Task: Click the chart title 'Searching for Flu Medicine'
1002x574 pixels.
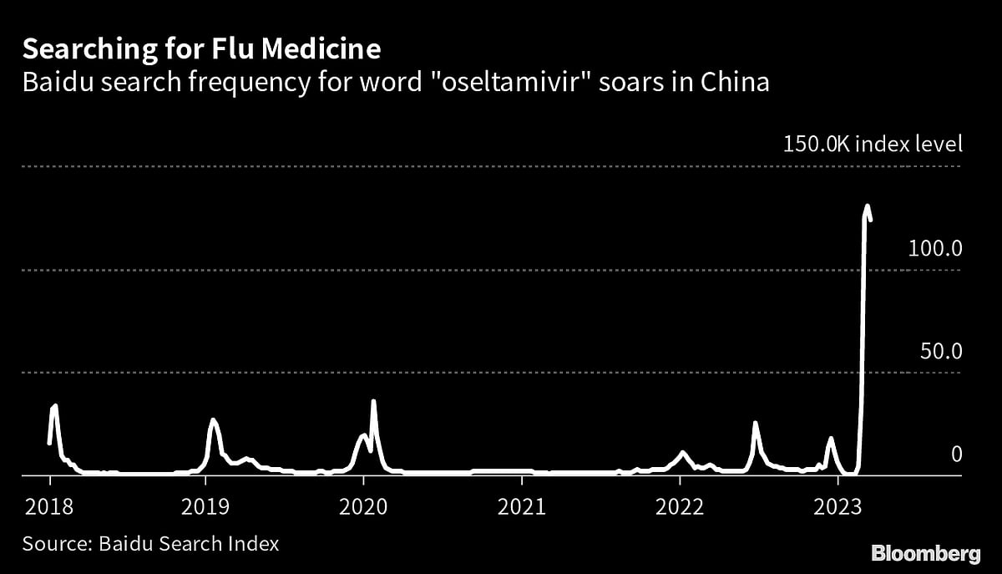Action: (201, 50)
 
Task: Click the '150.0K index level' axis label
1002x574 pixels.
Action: (873, 144)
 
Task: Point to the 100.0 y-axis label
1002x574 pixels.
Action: (941, 248)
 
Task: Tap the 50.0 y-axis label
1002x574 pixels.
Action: (941, 351)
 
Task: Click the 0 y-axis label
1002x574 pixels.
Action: (957, 454)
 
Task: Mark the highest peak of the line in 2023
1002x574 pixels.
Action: (868, 206)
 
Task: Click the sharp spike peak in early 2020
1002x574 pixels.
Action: (373, 402)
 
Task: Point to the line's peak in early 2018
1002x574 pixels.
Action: (55, 406)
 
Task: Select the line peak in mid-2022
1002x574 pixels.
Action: (755, 423)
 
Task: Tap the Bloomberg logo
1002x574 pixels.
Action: (925, 552)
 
